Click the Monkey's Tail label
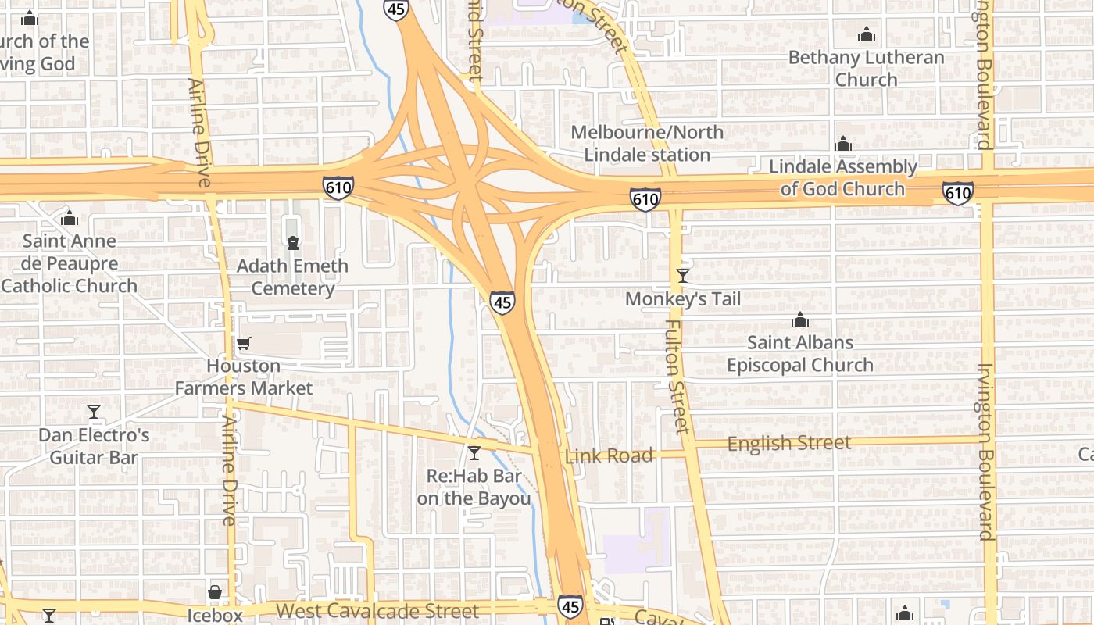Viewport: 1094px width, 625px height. (x=682, y=299)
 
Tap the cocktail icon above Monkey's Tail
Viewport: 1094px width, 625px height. (x=683, y=275)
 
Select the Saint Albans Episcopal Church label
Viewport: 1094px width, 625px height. (x=799, y=354)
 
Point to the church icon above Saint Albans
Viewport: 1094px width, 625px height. (x=799, y=320)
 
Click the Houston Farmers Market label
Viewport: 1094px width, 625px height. (x=243, y=377)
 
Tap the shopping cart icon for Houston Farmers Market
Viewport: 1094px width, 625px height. (x=243, y=343)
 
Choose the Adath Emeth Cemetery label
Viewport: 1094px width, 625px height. (x=292, y=277)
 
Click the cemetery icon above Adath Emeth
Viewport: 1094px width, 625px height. (x=293, y=243)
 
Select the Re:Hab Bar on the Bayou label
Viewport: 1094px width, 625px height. (x=474, y=487)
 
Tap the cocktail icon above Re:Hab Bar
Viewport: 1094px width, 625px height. (x=474, y=452)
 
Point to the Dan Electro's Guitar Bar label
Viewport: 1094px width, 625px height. (x=94, y=446)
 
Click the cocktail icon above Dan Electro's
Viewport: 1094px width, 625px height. (x=94, y=412)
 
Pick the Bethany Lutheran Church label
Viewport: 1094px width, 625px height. (x=866, y=69)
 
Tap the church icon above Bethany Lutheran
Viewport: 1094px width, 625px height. (x=866, y=35)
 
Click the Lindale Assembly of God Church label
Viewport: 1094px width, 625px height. (x=842, y=177)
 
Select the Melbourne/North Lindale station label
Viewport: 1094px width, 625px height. (x=647, y=143)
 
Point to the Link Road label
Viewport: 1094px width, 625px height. (x=608, y=456)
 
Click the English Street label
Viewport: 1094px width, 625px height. (x=788, y=444)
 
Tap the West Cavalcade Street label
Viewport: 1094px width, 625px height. (x=377, y=610)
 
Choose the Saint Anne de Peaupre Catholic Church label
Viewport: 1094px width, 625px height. (x=69, y=263)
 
